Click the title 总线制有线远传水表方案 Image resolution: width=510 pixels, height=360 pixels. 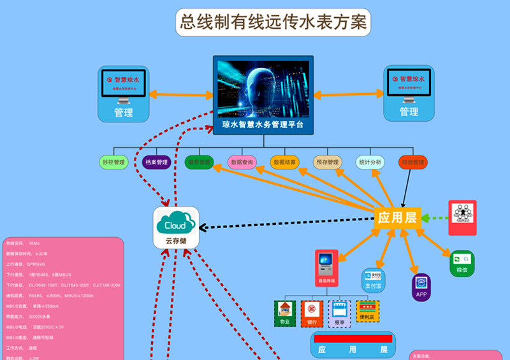273,23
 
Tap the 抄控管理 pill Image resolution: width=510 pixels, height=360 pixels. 114,162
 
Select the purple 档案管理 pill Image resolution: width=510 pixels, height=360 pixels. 157,162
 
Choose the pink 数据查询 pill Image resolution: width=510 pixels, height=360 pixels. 242,162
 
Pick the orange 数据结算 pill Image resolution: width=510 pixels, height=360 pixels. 285,162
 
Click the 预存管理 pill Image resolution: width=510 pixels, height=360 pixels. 328,162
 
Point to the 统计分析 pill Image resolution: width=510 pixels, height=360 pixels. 370,162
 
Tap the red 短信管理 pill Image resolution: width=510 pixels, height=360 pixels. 412,162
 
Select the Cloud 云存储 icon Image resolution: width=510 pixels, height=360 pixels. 176,228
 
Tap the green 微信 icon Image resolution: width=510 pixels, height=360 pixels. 462,263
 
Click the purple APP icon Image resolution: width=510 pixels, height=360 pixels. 421,287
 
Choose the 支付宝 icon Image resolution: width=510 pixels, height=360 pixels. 374,281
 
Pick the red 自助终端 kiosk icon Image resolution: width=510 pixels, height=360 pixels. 326,268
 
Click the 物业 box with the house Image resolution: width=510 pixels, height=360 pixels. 285,313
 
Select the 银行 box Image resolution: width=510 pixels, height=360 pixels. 312,313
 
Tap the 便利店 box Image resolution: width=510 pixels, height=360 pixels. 368,312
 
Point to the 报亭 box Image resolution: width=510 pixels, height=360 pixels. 339,313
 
